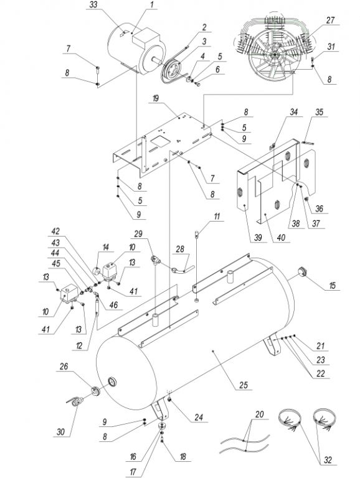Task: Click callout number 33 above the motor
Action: pyautogui.click(x=94, y=5)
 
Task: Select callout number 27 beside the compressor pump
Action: pyautogui.click(x=330, y=20)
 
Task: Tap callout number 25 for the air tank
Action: pyautogui.click(x=244, y=385)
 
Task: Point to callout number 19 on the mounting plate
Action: pyautogui.click(x=156, y=99)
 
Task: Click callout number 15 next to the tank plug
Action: pyautogui.click(x=332, y=285)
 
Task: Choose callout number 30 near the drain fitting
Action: pyautogui.click(x=60, y=432)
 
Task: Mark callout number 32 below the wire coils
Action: pyautogui.click(x=328, y=460)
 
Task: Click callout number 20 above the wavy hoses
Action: pyautogui.click(x=259, y=415)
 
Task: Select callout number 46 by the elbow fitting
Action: pyautogui.click(x=113, y=305)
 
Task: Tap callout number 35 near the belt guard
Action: pyautogui.click(x=319, y=112)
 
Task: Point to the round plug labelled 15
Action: pyautogui.click(x=301, y=271)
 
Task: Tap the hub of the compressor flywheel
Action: pyautogui.click(x=274, y=55)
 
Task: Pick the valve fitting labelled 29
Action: pyautogui.click(x=156, y=260)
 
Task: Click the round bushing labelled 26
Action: pyautogui.click(x=96, y=390)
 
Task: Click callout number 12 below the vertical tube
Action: pyautogui.click(x=79, y=346)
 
